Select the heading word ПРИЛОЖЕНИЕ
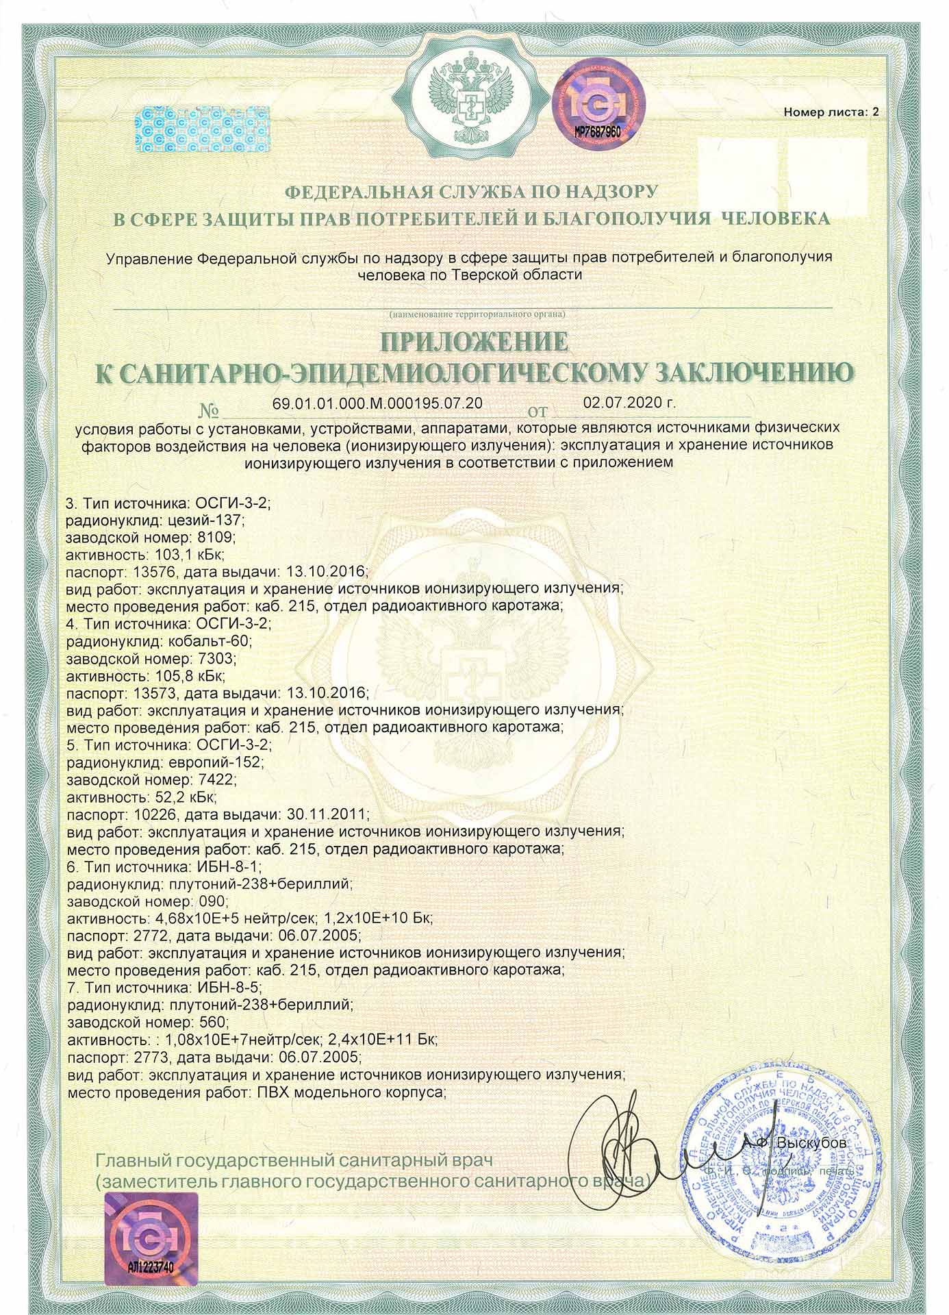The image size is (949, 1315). [474, 342]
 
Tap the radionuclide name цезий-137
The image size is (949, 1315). [201, 520]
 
